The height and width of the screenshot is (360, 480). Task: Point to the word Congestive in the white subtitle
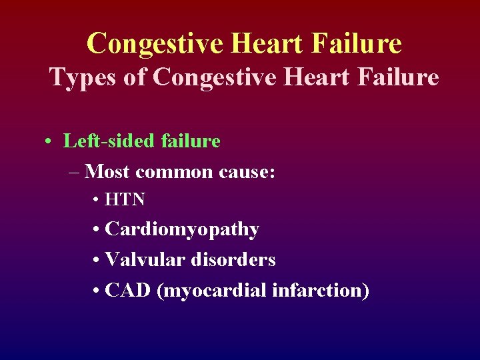[x=213, y=77]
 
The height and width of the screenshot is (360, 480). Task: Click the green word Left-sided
[x=109, y=141]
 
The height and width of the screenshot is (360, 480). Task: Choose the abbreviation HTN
[x=125, y=199]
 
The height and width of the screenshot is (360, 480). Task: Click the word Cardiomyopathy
[x=182, y=229]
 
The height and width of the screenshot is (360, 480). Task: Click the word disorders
[x=233, y=259]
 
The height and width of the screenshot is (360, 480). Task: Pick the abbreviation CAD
[x=129, y=290]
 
